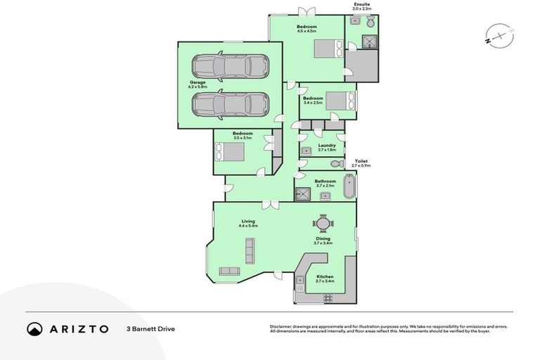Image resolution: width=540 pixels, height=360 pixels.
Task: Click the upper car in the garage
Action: coord(231,67)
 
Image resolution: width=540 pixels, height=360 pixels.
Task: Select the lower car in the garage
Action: coord(231,105)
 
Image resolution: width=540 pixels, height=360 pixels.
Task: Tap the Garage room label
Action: coord(197,84)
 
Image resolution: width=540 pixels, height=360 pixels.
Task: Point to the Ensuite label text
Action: coord(362,6)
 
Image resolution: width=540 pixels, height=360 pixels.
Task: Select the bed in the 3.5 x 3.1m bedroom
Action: coord(230,152)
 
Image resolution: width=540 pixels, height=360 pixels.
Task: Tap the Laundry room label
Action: coord(326,146)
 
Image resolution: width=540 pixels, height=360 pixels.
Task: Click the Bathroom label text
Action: coord(325,181)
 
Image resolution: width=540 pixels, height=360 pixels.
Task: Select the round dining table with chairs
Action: coord(322,224)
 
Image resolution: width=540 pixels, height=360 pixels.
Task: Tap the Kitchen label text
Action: coord(324,276)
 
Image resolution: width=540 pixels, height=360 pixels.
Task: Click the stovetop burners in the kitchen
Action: coord(327,297)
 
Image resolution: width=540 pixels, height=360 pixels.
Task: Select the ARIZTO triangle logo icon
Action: coord(34,328)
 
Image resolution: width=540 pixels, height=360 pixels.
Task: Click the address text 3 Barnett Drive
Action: coord(150,329)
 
